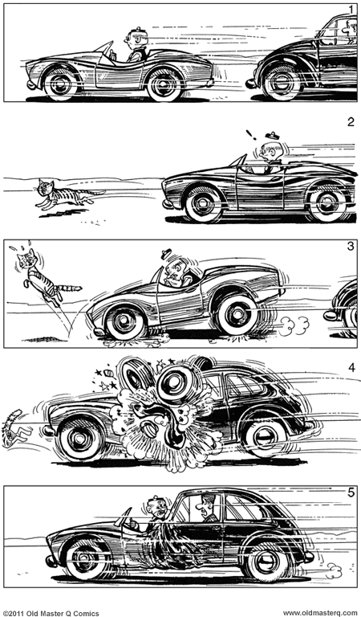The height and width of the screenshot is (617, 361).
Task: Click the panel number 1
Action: point(351,9)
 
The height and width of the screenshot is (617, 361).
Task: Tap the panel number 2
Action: point(351,123)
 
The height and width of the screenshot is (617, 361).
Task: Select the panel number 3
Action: point(351,246)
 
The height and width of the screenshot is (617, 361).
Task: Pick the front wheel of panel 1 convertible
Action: point(62,82)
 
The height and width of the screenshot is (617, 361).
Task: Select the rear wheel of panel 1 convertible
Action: point(164,84)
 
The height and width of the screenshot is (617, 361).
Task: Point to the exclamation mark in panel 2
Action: point(250,136)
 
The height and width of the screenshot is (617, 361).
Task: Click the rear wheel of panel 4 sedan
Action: point(266,439)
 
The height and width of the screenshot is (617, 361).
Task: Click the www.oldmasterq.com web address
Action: point(318,612)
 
